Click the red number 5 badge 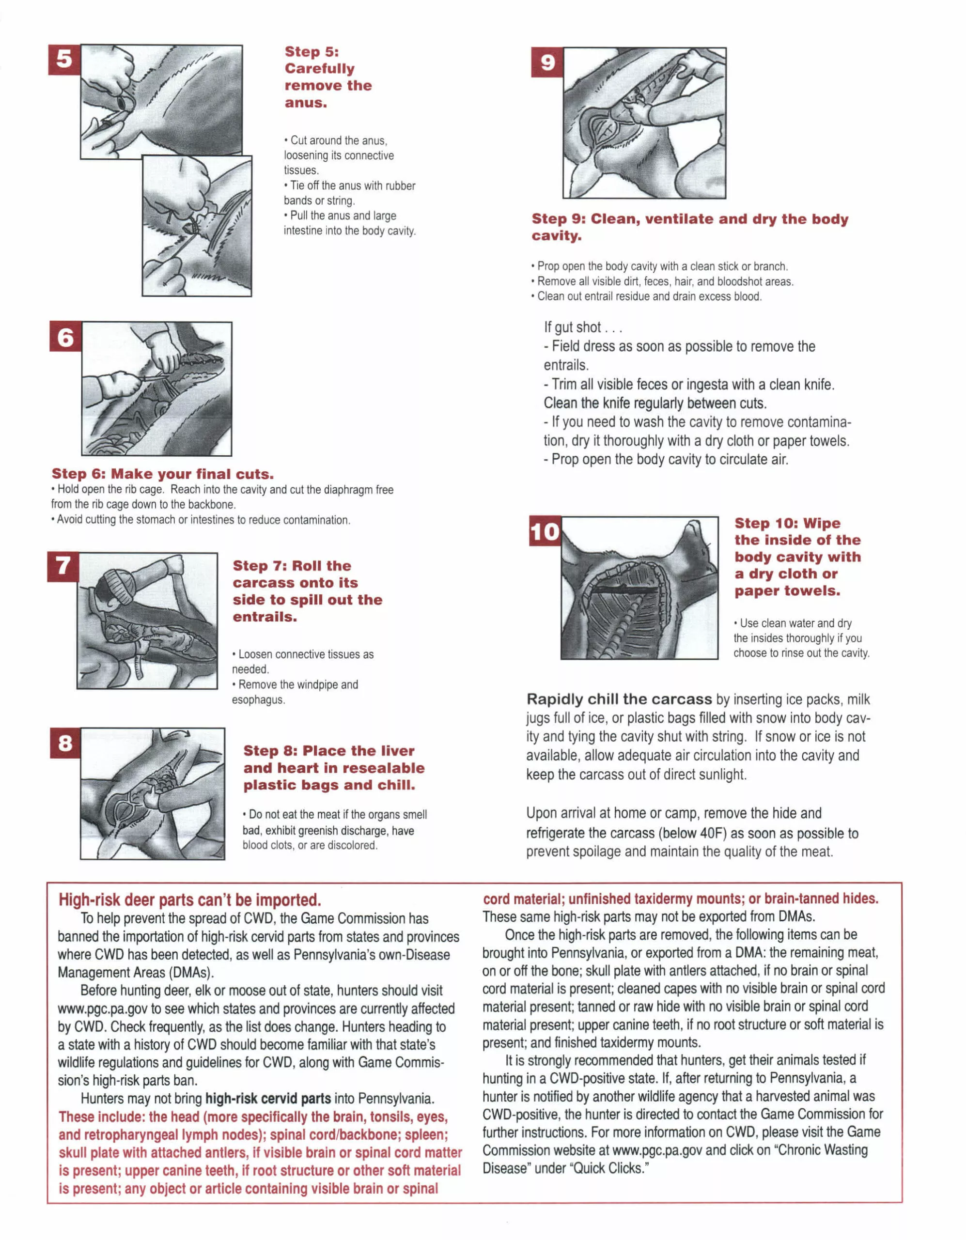[64, 59]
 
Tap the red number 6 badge [65, 337]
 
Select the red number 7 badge [62, 567]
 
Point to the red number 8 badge [65, 743]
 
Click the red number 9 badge [547, 62]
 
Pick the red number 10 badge [545, 531]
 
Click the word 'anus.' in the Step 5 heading [306, 103]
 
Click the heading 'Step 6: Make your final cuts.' [162, 474]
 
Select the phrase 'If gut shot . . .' [583, 327]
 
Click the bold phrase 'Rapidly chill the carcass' [619, 699]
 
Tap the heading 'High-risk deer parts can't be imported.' [190, 900]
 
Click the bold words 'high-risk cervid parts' [268, 1099]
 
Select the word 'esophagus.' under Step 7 [258, 699]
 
